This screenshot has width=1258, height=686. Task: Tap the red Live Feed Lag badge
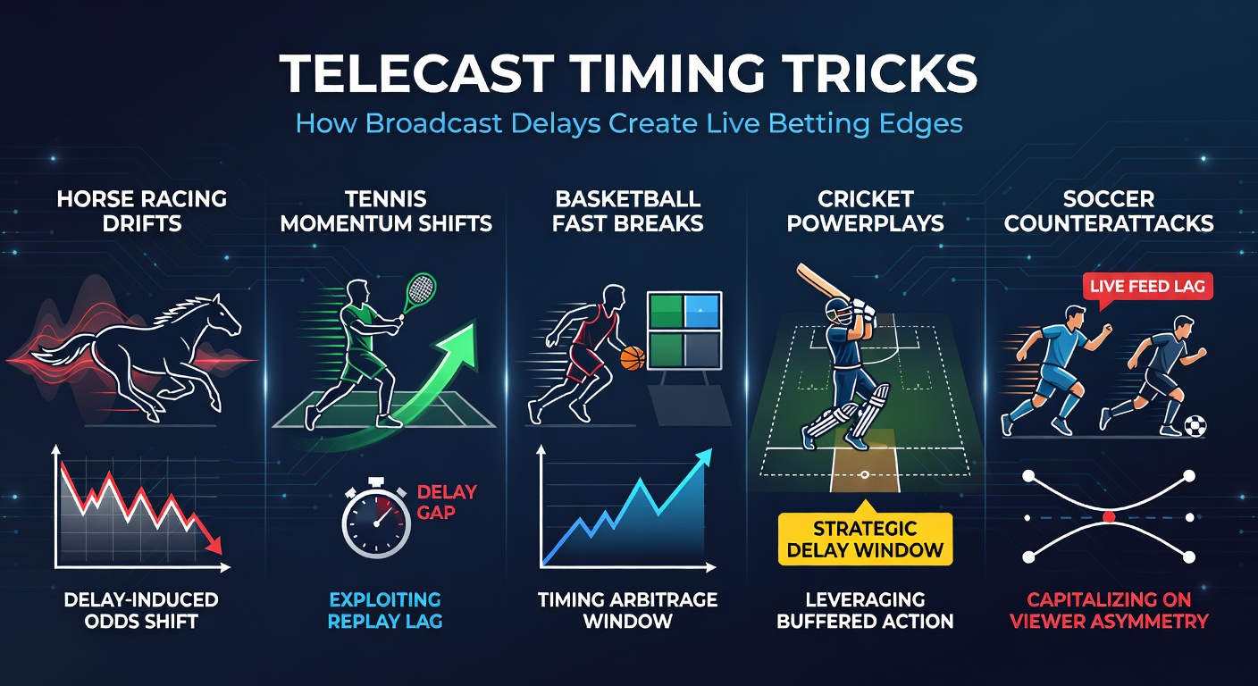pyautogui.click(x=1147, y=286)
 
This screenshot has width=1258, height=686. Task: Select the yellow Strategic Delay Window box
pyautogui.click(x=865, y=539)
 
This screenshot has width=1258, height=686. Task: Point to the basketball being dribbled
pyautogui.click(x=633, y=359)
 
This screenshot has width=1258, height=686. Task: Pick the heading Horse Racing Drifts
pyautogui.click(x=141, y=210)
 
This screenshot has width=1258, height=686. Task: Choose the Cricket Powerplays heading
pyautogui.click(x=865, y=210)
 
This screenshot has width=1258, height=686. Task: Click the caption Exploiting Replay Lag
pyautogui.click(x=384, y=609)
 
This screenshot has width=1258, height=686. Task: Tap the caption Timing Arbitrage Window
pyautogui.click(x=628, y=609)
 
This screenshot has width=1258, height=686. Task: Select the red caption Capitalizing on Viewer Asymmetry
pyautogui.click(x=1108, y=609)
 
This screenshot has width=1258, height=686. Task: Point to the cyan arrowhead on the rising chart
pyautogui.click(x=705, y=456)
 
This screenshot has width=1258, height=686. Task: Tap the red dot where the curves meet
pyautogui.click(x=1109, y=517)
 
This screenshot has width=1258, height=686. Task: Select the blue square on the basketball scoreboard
pyautogui.click(x=702, y=313)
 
